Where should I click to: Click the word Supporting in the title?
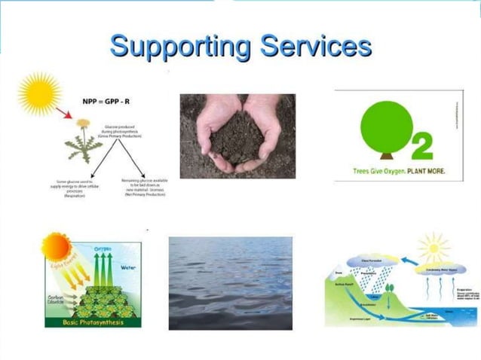180,47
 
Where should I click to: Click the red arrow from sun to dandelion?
66,114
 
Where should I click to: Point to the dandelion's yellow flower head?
83,123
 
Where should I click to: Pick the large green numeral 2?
423,148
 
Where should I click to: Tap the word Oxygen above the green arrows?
103,249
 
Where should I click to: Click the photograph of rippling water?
230,283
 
